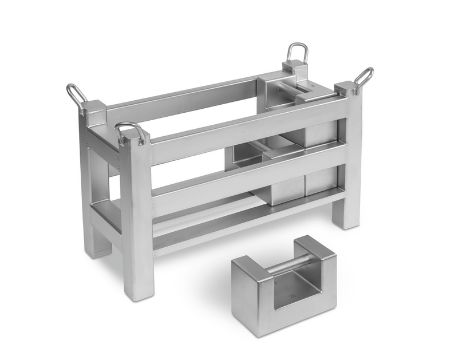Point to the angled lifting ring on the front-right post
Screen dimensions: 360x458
pyautogui.click(x=364, y=76)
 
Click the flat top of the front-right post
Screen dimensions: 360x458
pyautogui.click(x=346, y=88)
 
